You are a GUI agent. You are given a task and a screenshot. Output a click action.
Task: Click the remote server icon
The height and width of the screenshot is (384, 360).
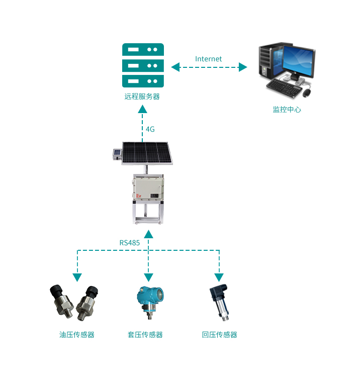143,65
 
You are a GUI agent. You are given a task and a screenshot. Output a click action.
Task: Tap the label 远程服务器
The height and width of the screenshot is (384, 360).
142,97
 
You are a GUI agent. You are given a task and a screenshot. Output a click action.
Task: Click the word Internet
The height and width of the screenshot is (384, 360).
208,59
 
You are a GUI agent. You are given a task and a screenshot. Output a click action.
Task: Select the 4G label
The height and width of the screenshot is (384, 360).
150,129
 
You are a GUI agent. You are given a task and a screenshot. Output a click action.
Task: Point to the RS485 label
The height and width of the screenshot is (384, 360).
129,243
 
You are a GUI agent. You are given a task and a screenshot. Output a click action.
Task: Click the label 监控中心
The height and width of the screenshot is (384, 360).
287,109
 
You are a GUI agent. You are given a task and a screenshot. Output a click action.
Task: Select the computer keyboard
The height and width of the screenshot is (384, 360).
285,88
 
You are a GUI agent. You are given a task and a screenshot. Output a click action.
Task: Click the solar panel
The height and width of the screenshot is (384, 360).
146,153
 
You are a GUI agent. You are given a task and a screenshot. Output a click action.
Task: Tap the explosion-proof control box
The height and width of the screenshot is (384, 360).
148,187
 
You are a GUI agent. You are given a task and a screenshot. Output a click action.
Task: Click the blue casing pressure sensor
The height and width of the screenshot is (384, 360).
148,301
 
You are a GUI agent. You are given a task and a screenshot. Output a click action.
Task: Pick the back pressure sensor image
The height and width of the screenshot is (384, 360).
220,301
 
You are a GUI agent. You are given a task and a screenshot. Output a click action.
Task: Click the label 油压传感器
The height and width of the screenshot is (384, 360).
77,335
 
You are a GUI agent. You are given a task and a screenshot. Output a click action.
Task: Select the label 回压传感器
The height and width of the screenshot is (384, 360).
219,335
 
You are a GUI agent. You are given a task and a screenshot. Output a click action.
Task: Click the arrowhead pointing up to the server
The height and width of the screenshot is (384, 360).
143,110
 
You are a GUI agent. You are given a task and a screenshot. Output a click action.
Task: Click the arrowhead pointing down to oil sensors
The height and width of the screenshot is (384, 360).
77,277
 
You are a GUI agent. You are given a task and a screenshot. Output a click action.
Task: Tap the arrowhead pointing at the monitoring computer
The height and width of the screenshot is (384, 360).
243,67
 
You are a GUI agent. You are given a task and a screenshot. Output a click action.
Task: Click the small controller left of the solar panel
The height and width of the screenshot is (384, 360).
117,154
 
